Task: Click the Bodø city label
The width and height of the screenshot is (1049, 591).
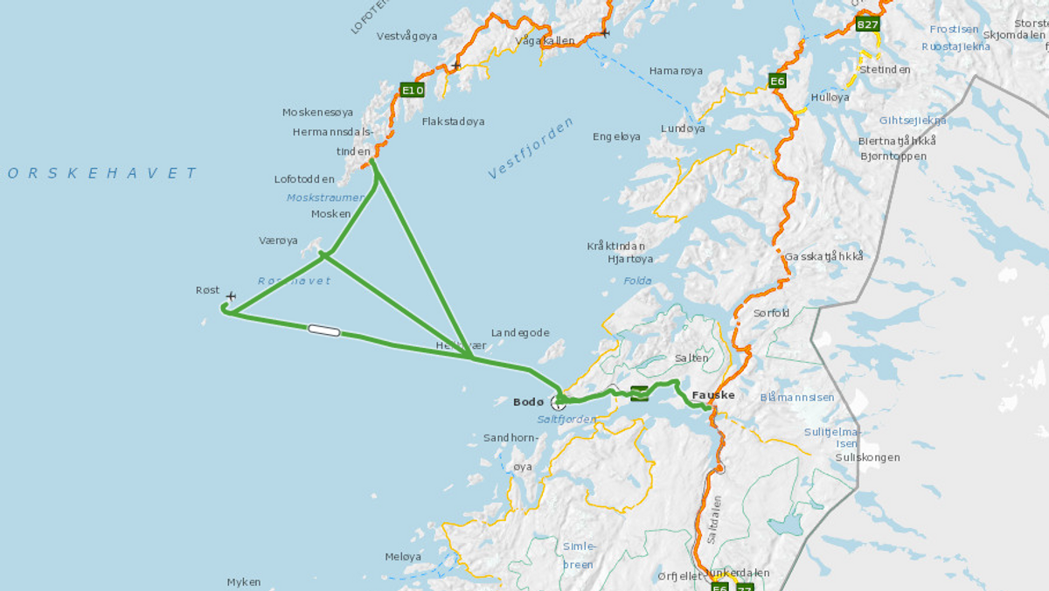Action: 528,402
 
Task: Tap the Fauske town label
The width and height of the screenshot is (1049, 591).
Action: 712,395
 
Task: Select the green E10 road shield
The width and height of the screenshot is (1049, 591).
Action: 412,89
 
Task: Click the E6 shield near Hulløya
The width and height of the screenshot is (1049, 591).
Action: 777,81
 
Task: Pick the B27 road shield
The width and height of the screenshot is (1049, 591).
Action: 866,24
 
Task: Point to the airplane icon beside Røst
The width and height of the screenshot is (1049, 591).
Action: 231,296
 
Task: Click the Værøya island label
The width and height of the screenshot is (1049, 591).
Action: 278,240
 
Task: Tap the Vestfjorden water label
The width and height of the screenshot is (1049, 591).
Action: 531,149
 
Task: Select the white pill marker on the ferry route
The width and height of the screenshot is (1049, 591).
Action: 323,330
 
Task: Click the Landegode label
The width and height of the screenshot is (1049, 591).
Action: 520,332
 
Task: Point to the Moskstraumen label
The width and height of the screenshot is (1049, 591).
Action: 324,198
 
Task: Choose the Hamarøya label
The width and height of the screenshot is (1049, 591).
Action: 675,71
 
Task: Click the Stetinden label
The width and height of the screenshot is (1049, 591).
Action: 885,69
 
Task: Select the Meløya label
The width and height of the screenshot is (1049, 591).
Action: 403,556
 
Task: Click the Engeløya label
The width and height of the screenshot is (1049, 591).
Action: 616,136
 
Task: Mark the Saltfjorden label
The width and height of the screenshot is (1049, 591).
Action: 566,420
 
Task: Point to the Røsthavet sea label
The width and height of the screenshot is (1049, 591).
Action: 294,281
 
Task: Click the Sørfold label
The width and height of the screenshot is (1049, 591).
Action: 771,313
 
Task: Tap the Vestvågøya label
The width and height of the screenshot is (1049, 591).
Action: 406,36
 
